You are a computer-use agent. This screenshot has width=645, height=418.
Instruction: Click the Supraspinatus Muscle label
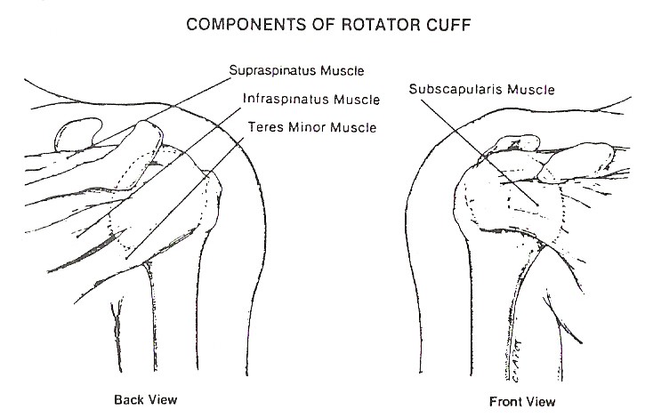click(296, 68)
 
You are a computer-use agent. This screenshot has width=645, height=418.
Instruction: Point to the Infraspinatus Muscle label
click(310, 99)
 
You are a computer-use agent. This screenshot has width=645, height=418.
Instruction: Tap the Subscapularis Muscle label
click(481, 89)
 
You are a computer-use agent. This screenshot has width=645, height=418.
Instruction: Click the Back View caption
click(146, 399)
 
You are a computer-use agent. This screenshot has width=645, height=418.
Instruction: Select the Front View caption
click(522, 401)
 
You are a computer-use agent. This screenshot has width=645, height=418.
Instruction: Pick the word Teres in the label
click(263, 127)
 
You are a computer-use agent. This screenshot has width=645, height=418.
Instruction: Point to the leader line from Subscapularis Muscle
click(480, 151)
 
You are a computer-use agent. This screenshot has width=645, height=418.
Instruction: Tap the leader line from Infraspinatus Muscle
click(169, 169)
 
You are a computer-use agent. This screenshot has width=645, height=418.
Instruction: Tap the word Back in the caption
click(129, 399)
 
